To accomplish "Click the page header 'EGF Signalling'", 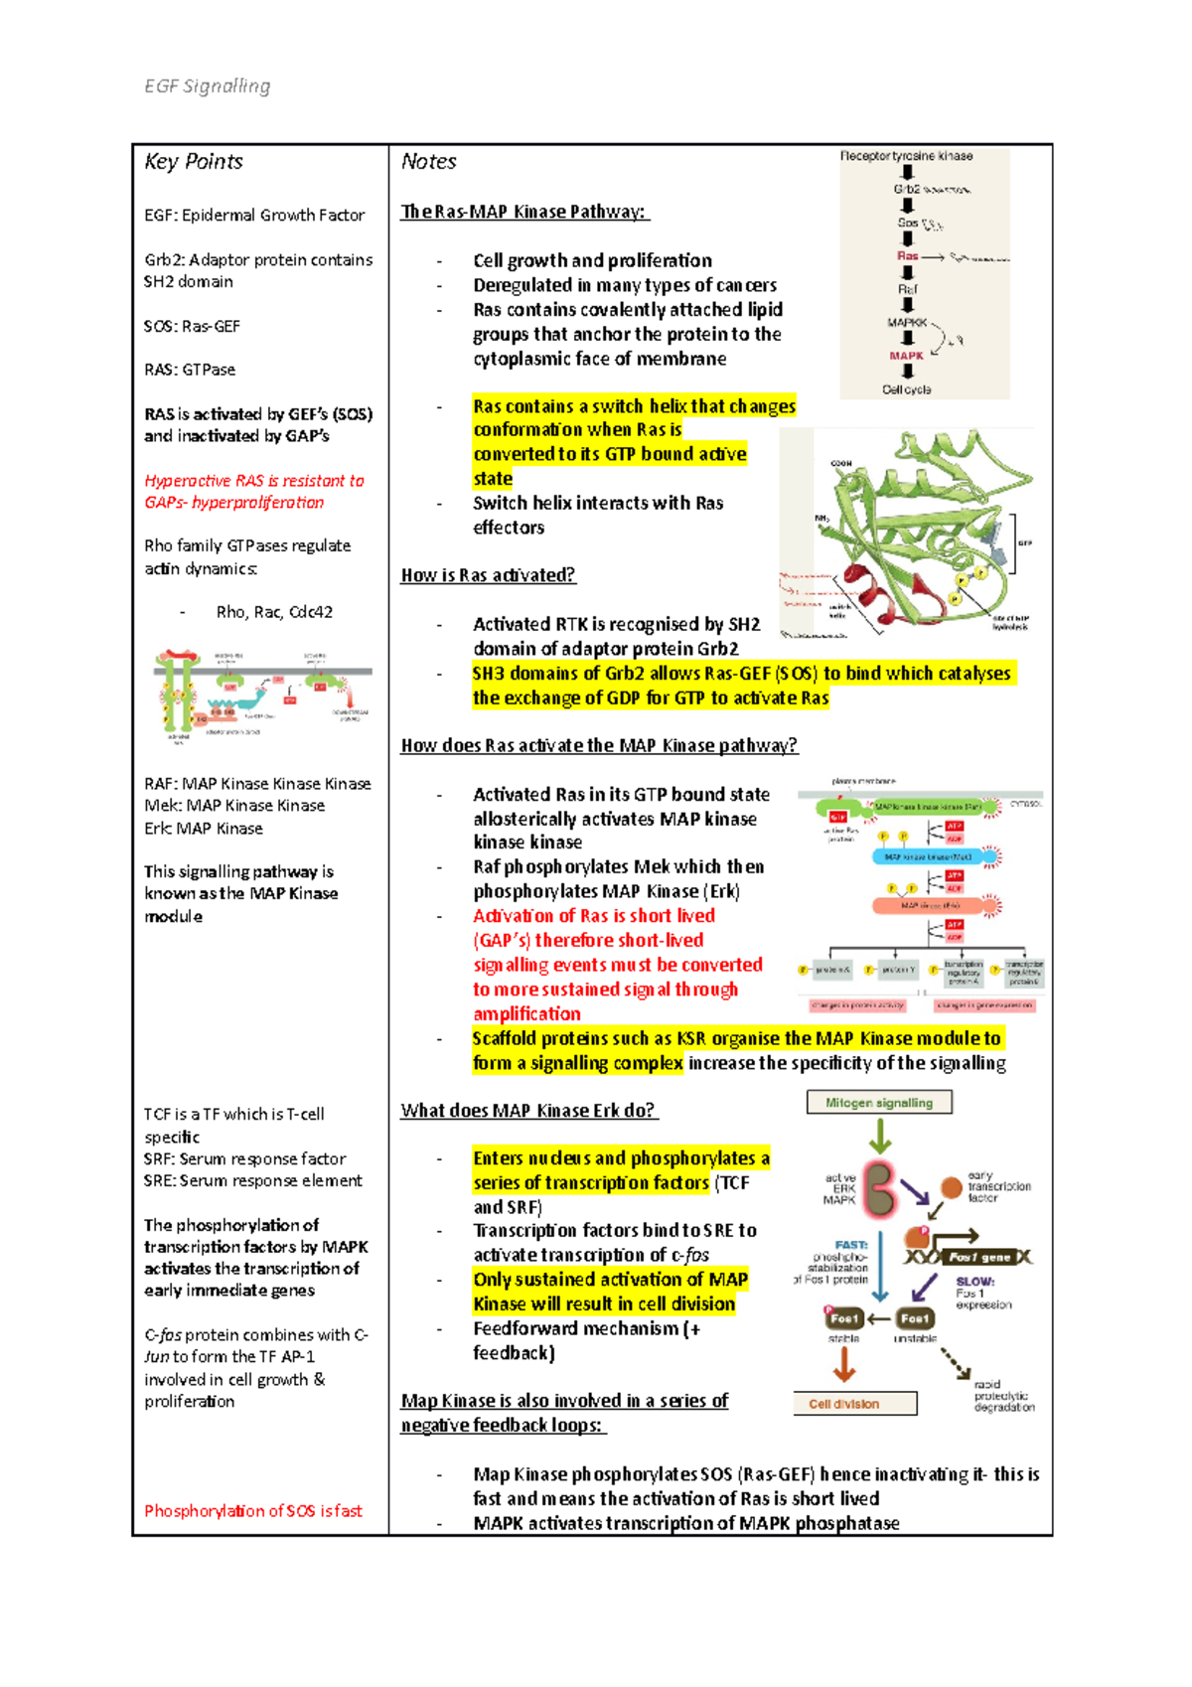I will [x=207, y=86].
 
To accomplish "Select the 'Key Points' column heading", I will [x=194, y=162].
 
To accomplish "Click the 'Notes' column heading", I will [x=428, y=162].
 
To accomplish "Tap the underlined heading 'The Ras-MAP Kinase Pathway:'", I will [x=523, y=212].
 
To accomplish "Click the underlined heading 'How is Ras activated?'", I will [x=488, y=575].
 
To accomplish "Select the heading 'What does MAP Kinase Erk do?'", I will [x=527, y=1111].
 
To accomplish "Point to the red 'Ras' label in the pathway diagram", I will [x=907, y=256].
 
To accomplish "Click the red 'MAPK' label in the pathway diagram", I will [x=906, y=356].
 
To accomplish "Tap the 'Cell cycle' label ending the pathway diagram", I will [x=906, y=389].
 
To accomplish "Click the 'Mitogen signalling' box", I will [x=878, y=1103].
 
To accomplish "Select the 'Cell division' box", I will [x=854, y=1404].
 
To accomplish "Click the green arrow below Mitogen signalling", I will [x=879, y=1135].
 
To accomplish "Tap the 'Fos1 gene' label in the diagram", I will [x=979, y=1257].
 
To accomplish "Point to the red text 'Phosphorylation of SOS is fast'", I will [x=253, y=1511].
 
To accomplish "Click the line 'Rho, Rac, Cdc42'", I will [x=274, y=612].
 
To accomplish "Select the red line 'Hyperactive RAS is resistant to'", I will [x=254, y=481].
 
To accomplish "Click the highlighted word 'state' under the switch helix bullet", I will [x=493, y=479].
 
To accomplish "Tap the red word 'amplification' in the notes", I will [x=526, y=1014].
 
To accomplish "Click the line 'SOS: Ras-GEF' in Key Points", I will [x=192, y=326].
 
